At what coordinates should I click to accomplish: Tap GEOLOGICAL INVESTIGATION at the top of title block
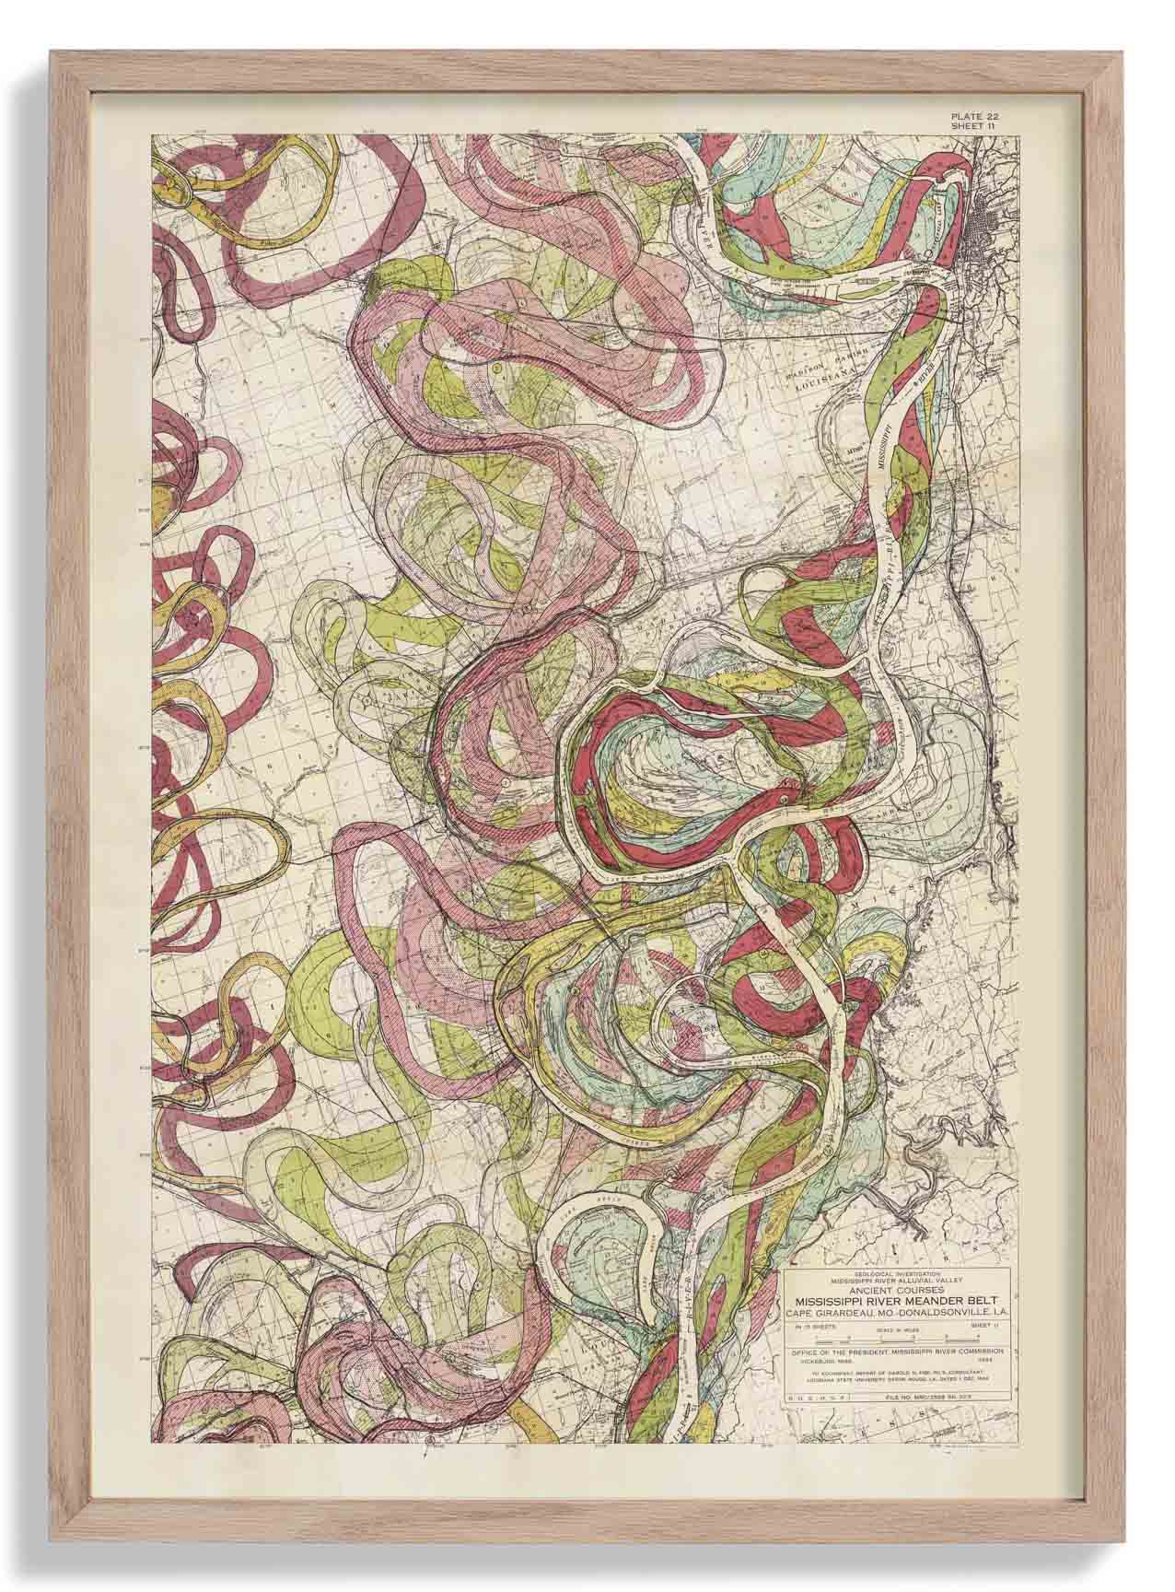896,1270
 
